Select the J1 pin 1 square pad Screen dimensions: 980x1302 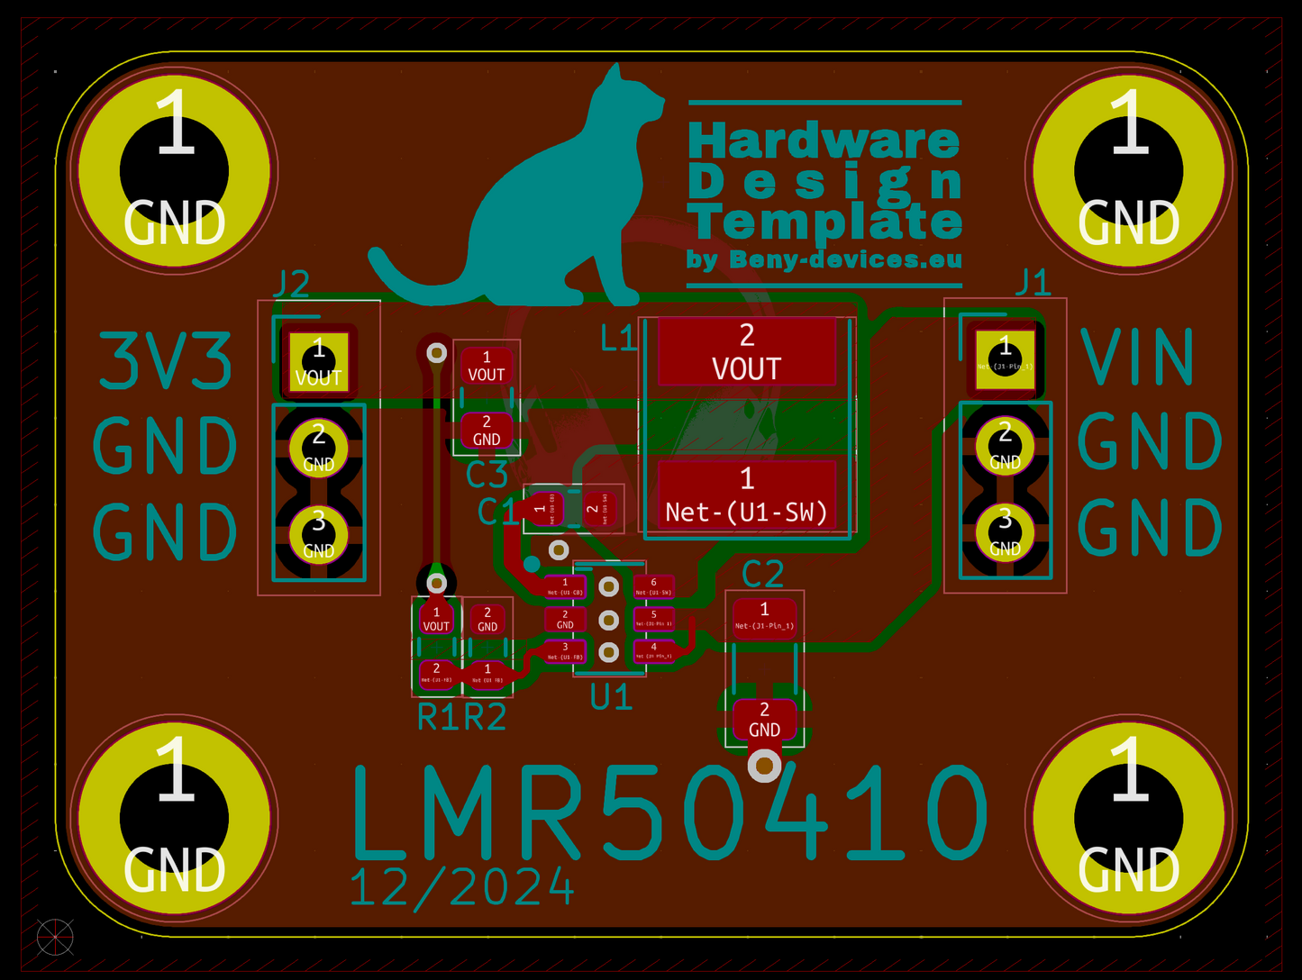click(1005, 359)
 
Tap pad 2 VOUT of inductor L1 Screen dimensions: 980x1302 click(746, 351)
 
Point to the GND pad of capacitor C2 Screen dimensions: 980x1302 click(764, 720)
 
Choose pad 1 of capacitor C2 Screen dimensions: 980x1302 click(764, 617)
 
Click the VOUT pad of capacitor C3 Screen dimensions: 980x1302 click(487, 366)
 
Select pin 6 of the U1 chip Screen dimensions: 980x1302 click(653, 587)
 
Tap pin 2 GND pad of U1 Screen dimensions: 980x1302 click(565, 620)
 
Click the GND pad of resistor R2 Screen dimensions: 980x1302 click(487, 619)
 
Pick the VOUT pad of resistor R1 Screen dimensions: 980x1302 click(436, 619)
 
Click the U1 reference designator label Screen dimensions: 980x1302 click(611, 697)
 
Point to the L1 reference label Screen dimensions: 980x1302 click(618, 339)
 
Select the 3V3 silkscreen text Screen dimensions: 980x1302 click(165, 362)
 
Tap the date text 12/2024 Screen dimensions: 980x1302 click(461, 887)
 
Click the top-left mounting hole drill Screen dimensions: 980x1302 click(174, 170)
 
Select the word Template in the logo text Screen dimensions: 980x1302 click(824, 222)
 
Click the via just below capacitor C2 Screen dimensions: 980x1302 click(764, 767)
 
